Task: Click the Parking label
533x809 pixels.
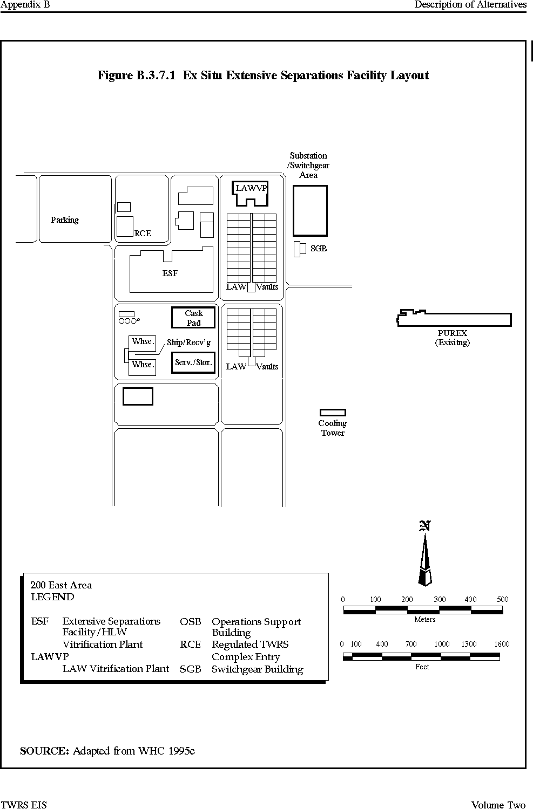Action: [65, 220]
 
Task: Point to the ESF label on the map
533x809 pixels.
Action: [170, 273]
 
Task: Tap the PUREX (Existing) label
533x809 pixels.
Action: [453, 338]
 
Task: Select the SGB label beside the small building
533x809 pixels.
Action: [319, 249]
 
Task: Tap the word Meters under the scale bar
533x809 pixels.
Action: [425, 619]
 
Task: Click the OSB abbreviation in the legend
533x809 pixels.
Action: [190, 621]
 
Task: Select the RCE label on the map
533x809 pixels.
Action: [143, 234]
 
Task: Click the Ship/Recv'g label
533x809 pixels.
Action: [188, 342]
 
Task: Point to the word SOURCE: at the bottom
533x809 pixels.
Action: [44, 751]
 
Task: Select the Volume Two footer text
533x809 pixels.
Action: [498, 805]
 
